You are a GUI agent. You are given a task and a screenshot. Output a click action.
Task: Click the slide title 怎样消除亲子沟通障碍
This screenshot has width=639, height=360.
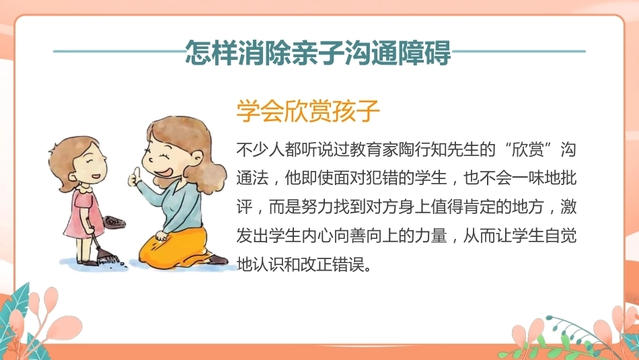point(318,52)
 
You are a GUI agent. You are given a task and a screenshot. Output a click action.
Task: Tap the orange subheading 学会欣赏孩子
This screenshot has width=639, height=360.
point(308,110)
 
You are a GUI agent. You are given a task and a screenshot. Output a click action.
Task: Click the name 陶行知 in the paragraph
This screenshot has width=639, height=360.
point(422,149)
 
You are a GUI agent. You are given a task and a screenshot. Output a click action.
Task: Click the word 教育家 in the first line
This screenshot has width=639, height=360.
point(374,149)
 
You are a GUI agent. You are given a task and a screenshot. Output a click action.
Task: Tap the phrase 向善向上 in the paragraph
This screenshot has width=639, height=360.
point(365,236)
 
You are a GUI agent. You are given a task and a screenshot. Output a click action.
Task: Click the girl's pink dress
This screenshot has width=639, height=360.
point(83,215)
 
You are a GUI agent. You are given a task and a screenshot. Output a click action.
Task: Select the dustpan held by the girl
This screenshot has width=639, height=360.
point(114,222)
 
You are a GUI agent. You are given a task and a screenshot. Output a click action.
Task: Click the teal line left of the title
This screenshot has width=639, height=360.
point(119,51)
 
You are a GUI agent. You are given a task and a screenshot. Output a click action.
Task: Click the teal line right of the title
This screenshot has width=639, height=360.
point(519,51)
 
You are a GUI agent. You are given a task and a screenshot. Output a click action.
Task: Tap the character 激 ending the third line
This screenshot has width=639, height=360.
point(568,207)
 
